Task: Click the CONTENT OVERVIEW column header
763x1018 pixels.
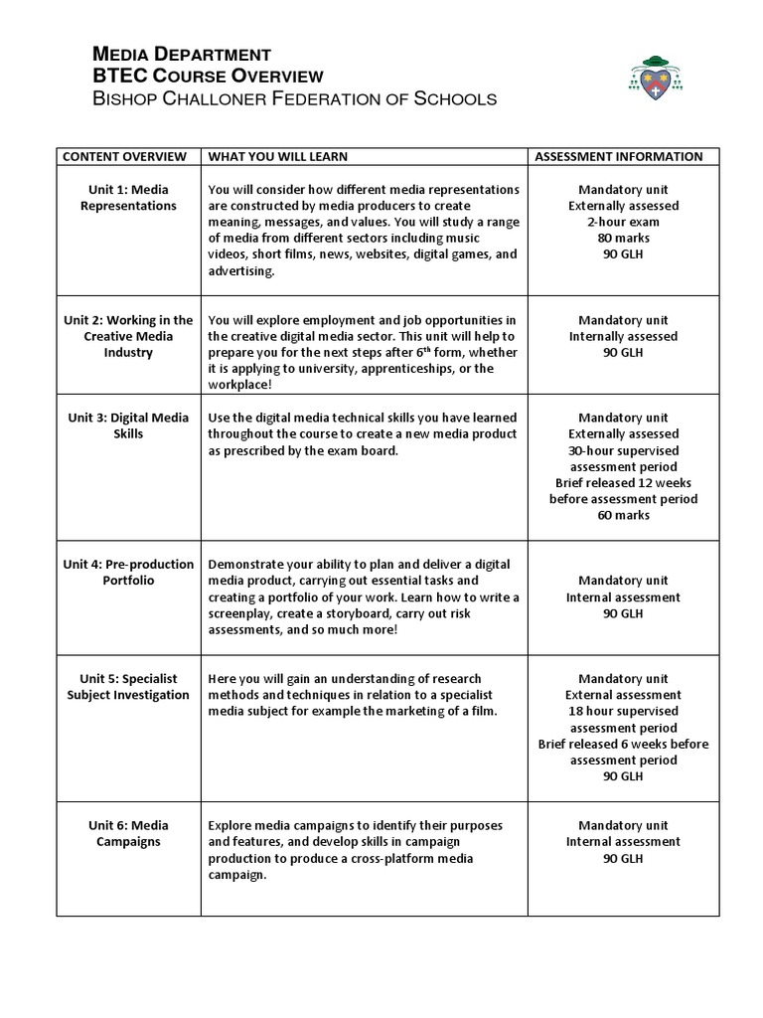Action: click(125, 156)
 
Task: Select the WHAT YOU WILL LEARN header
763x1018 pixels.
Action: click(278, 156)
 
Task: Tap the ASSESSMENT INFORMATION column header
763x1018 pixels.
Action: click(619, 156)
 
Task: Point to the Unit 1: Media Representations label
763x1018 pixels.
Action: click(129, 197)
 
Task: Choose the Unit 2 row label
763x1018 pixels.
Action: click(129, 336)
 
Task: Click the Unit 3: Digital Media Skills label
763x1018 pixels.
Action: click(129, 425)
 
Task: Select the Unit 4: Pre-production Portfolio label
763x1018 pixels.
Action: click(129, 572)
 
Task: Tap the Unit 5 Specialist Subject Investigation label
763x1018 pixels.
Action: click(129, 686)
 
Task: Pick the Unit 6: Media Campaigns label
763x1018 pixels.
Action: click(129, 833)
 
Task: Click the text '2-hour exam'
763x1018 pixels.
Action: click(623, 222)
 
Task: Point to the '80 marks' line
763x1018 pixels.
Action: click(623, 238)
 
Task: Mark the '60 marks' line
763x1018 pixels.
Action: click(623, 515)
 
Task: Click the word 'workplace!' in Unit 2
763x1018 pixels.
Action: click(239, 385)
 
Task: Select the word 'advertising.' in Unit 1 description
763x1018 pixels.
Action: click(241, 270)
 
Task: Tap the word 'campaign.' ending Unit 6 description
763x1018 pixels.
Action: click(237, 874)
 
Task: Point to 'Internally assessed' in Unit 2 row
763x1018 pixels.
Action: click(623, 336)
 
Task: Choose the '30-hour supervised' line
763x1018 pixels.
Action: click(623, 450)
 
